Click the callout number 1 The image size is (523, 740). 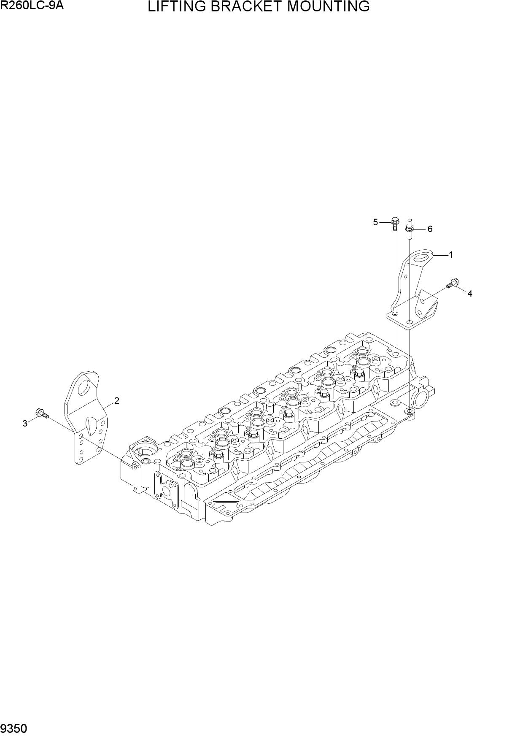[x=451, y=255]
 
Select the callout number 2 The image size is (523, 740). [x=117, y=401]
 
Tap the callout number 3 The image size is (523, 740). [x=25, y=424]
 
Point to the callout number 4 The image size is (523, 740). [x=470, y=294]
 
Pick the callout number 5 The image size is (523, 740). [x=375, y=222]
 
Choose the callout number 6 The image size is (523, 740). [x=430, y=229]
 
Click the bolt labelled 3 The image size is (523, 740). [x=42, y=414]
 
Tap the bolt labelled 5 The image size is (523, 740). [x=395, y=223]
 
